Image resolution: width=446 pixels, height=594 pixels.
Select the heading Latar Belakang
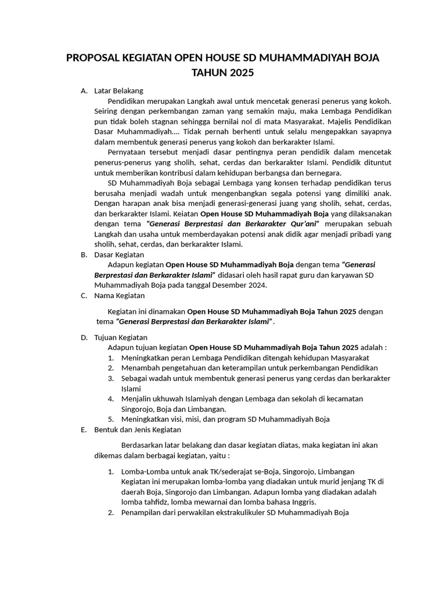[x=118, y=90]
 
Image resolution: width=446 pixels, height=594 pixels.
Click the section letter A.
[x=84, y=90]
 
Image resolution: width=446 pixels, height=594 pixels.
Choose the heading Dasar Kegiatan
[x=119, y=255]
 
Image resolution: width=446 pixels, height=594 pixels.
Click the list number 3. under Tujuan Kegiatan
[x=110, y=378]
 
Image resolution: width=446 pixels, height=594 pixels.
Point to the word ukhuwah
[x=168, y=399]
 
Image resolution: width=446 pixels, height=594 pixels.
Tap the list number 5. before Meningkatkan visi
[x=110, y=419]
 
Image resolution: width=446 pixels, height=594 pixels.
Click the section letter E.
[x=84, y=430]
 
